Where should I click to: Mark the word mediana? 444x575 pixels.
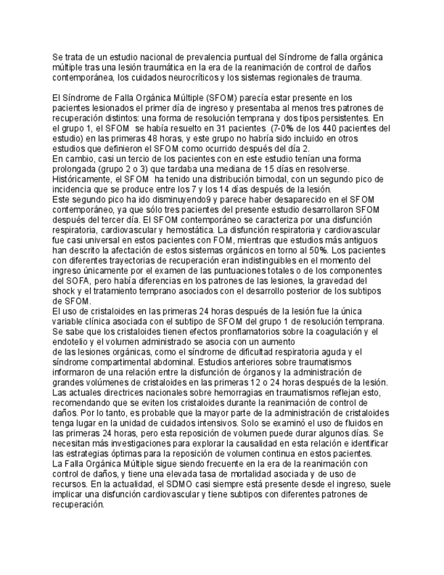tap(268, 168)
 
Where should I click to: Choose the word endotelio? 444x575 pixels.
tap(72, 342)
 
